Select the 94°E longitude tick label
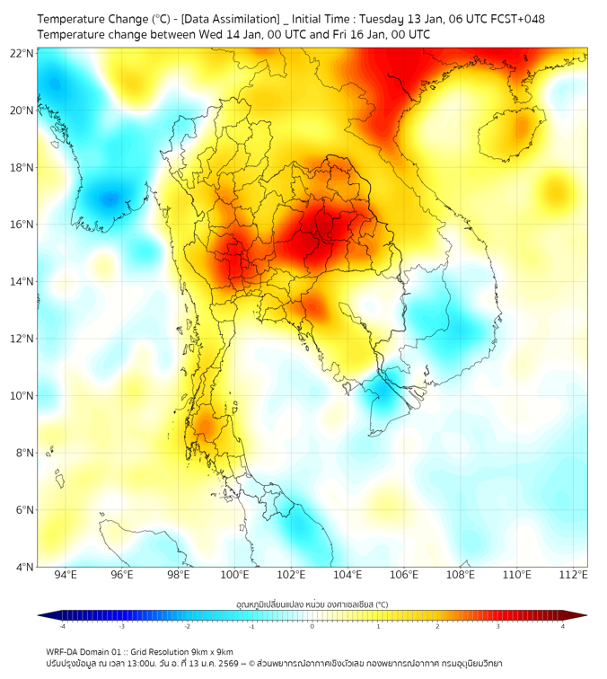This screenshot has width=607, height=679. point(66,575)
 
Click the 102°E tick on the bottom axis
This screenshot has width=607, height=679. point(291,575)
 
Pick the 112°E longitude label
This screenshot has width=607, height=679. point(573,575)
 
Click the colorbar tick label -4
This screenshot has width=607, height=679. point(62,626)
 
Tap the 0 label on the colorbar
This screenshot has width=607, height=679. point(312,626)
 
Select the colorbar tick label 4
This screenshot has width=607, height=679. point(563,626)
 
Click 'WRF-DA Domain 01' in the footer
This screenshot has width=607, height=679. point(85,651)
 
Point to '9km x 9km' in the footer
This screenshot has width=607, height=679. point(209,651)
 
